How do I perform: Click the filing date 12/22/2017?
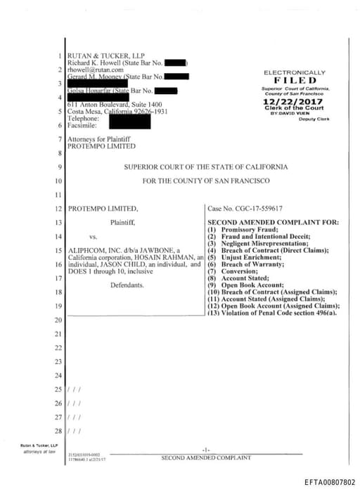[x=295, y=102]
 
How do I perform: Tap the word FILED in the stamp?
[x=295, y=80]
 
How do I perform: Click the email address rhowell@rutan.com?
[x=96, y=70]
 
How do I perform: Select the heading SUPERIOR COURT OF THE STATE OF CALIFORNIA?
[x=205, y=167]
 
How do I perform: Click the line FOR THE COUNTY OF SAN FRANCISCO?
[x=205, y=181]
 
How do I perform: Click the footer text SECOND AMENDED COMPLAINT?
[x=205, y=458]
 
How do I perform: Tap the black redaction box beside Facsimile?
[x=130, y=122]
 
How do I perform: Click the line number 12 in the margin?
[x=58, y=209]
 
